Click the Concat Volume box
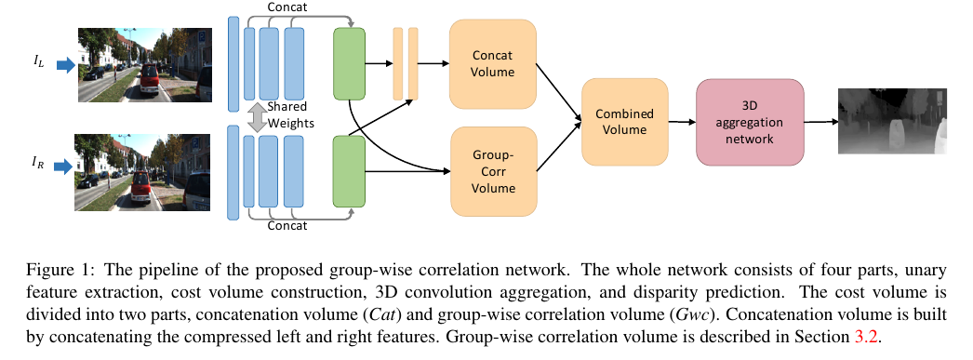[x=493, y=62]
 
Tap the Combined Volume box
[x=624, y=122]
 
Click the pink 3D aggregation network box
[x=750, y=121]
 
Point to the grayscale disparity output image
[x=892, y=121]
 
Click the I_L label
[x=38, y=63]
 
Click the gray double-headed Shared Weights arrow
[x=258, y=116]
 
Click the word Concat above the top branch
[x=287, y=8]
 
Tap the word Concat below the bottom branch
[x=287, y=226]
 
